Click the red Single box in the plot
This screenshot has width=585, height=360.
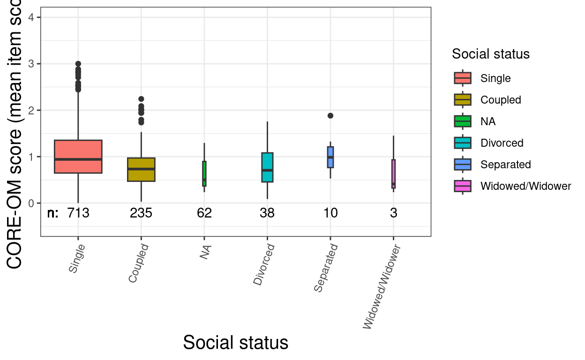(x=78, y=157)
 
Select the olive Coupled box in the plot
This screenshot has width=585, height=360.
(x=141, y=169)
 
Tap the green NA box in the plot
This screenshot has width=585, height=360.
(x=204, y=173)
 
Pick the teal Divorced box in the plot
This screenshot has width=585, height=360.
(x=267, y=167)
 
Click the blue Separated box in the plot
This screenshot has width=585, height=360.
(x=330, y=157)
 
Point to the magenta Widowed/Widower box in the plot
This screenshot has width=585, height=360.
(x=393, y=174)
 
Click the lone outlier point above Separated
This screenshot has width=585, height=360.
(x=330, y=116)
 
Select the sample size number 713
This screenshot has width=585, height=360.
(x=78, y=213)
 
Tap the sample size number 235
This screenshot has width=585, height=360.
(x=141, y=213)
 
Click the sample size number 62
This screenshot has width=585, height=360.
(x=204, y=213)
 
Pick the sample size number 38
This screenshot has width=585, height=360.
(x=267, y=213)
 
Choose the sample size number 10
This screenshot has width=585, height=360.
(x=330, y=213)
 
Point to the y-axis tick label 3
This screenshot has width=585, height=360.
(x=30, y=64)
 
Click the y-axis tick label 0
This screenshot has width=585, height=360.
(x=30, y=203)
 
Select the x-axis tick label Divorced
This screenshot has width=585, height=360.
(x=263, y=265)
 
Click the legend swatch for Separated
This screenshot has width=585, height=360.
(x=463, y=165)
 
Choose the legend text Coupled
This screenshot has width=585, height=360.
(x=501, y=100)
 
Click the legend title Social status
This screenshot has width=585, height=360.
(x=490, y=54)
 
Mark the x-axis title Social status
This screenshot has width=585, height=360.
(x=235, y=343)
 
